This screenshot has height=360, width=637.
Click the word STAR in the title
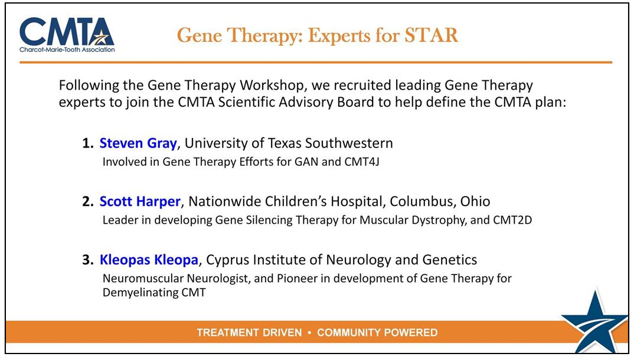(x=431, y=35)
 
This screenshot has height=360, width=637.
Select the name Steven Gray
(x=138, y=143)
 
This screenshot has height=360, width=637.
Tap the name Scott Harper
(x=140, y=201)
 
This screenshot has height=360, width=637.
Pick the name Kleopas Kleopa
(x=149, y=260)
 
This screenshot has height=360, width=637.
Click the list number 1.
(x=88, y=143)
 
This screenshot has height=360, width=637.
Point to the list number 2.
(x=88, y=201)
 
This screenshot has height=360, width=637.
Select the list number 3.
(x=88, y=260)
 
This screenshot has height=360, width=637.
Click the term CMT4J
(x=361, y=162)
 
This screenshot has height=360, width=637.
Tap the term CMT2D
(x=512, y=220)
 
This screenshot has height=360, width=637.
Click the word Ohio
(x=475, y=201)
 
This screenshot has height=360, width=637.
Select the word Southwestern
(x=349, y=143)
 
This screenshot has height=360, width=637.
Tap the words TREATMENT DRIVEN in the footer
(x=250, y=332)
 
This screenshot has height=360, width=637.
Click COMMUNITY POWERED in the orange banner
(x=377, y=332)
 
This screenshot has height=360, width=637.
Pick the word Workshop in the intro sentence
(x=272, y=86)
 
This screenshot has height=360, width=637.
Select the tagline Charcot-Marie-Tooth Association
(x=67, y=50)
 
